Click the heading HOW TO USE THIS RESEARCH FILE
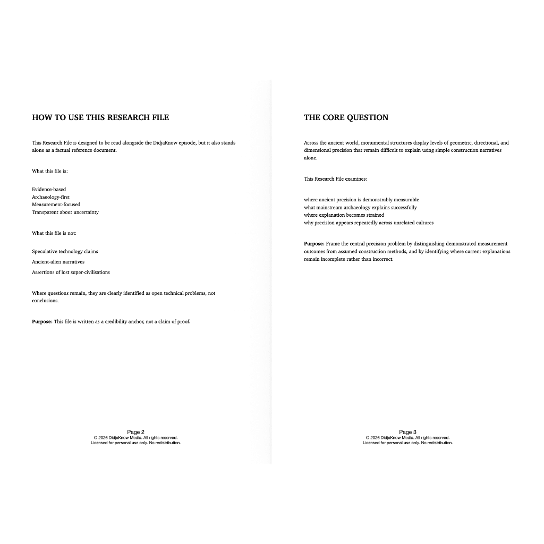click(x=100, y=117)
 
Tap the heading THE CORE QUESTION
click(x=346, y=117)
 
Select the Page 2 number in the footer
click(x=135, y=432)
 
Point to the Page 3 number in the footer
click(x=407, y=432)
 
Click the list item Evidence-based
click(x=49, y=189)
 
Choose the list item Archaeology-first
click(x=50, y=197)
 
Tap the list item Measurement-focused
click(x=56, y=204)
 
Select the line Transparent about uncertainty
click(x=65, y=212)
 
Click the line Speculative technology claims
click(x=65, y=251)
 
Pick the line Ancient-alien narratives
click(x=58, y=261)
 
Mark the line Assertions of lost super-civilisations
click(x=71, y=272)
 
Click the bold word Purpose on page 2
click(x=42, y=321)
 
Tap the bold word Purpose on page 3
click(x=314, y=244)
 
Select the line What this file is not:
click(x=54, y=233)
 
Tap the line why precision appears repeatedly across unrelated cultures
click(x=369, y=223)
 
